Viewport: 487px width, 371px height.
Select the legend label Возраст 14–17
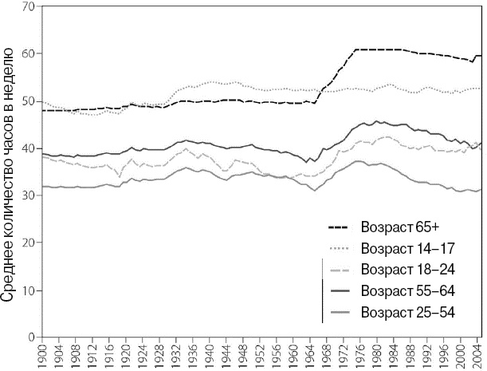pyautogui.click(x=407, y=247)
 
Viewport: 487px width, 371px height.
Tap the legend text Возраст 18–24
pyautogui.click(x=407, y=268)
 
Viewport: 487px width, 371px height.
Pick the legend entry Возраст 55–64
pyautogui.click(x=407, y=290)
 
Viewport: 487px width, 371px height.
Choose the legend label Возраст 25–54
pyautogui.click(x=407, y=312)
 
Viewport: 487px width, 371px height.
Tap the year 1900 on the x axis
pyautogui.click(x=41, y=355)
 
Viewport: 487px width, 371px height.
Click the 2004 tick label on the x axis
pyautogui.click(x=476, y=355)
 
